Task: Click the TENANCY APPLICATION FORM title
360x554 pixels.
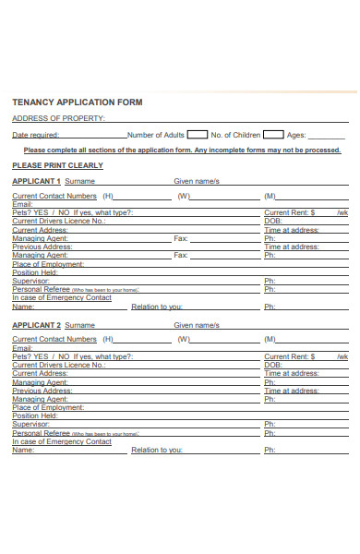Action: tap(77, 102)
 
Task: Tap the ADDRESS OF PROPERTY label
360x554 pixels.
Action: tap(58, 118)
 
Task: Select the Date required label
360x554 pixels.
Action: tap(34, 135)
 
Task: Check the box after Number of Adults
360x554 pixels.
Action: tap(198, 134)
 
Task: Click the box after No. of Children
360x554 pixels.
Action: tap(273, 134)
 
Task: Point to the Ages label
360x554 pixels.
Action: tap(296, 135)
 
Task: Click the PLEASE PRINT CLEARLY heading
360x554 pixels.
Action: tap(57, 165)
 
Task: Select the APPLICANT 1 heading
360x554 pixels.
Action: tap(36, 181)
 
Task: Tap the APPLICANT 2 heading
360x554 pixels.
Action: tap(36, 325)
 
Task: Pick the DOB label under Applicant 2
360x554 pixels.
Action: tap(272, 365)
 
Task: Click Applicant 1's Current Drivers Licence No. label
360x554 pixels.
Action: tap(58, 221)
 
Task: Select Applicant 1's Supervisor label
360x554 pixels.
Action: tap(30, 281)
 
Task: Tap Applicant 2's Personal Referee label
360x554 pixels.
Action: tap(42, 432)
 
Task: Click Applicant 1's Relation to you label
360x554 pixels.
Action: tap(157, 307)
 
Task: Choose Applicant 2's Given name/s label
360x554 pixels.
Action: tap(197, 325)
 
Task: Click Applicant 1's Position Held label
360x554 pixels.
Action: tap(35, 272)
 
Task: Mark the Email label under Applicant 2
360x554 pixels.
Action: tap(21, 348)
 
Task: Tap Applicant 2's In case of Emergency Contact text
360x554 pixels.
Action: tap(62, 441)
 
